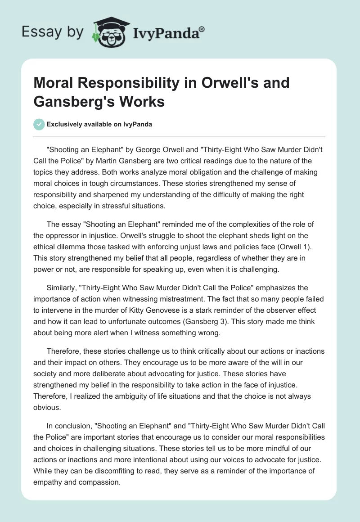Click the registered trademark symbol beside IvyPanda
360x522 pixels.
click(202, 29)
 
